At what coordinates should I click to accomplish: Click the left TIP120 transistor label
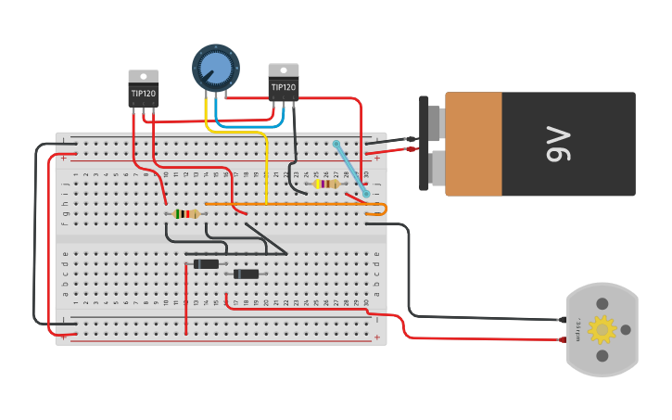pyautogui.click(x=143, y=94)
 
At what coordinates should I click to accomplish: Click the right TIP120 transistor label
pyautogui.click(x=284, y=87)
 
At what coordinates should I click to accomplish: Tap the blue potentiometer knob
pyautogui.click(x=216, y=68)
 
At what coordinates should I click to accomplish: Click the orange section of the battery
pyautogui.click(x=474, y=144)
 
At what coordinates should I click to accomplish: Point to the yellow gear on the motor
pyautogui.click(x=602, y=329)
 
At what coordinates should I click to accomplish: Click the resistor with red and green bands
pyautogui.click(x=186, y=213)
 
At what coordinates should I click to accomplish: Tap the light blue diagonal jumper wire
pyautogui.click(x=350, y=169)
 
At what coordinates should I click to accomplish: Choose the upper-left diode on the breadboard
pyautogui.click(x=206, y=264)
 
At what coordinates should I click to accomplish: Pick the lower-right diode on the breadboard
pyautogui.click(x=246, y=274)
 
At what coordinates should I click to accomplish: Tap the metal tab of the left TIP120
pyautogui.click(x=143, y=76)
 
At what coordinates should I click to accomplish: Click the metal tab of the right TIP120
pyautogui.click(x=284, y=70)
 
